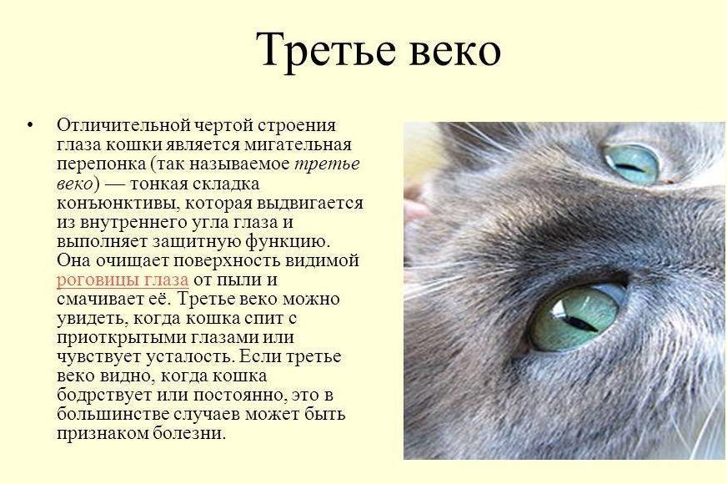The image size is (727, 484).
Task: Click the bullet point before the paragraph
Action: click(x=31, y=124)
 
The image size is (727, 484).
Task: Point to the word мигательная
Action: click(x=298, y=144)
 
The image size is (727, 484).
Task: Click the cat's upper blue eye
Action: click(x=631, y=164)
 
